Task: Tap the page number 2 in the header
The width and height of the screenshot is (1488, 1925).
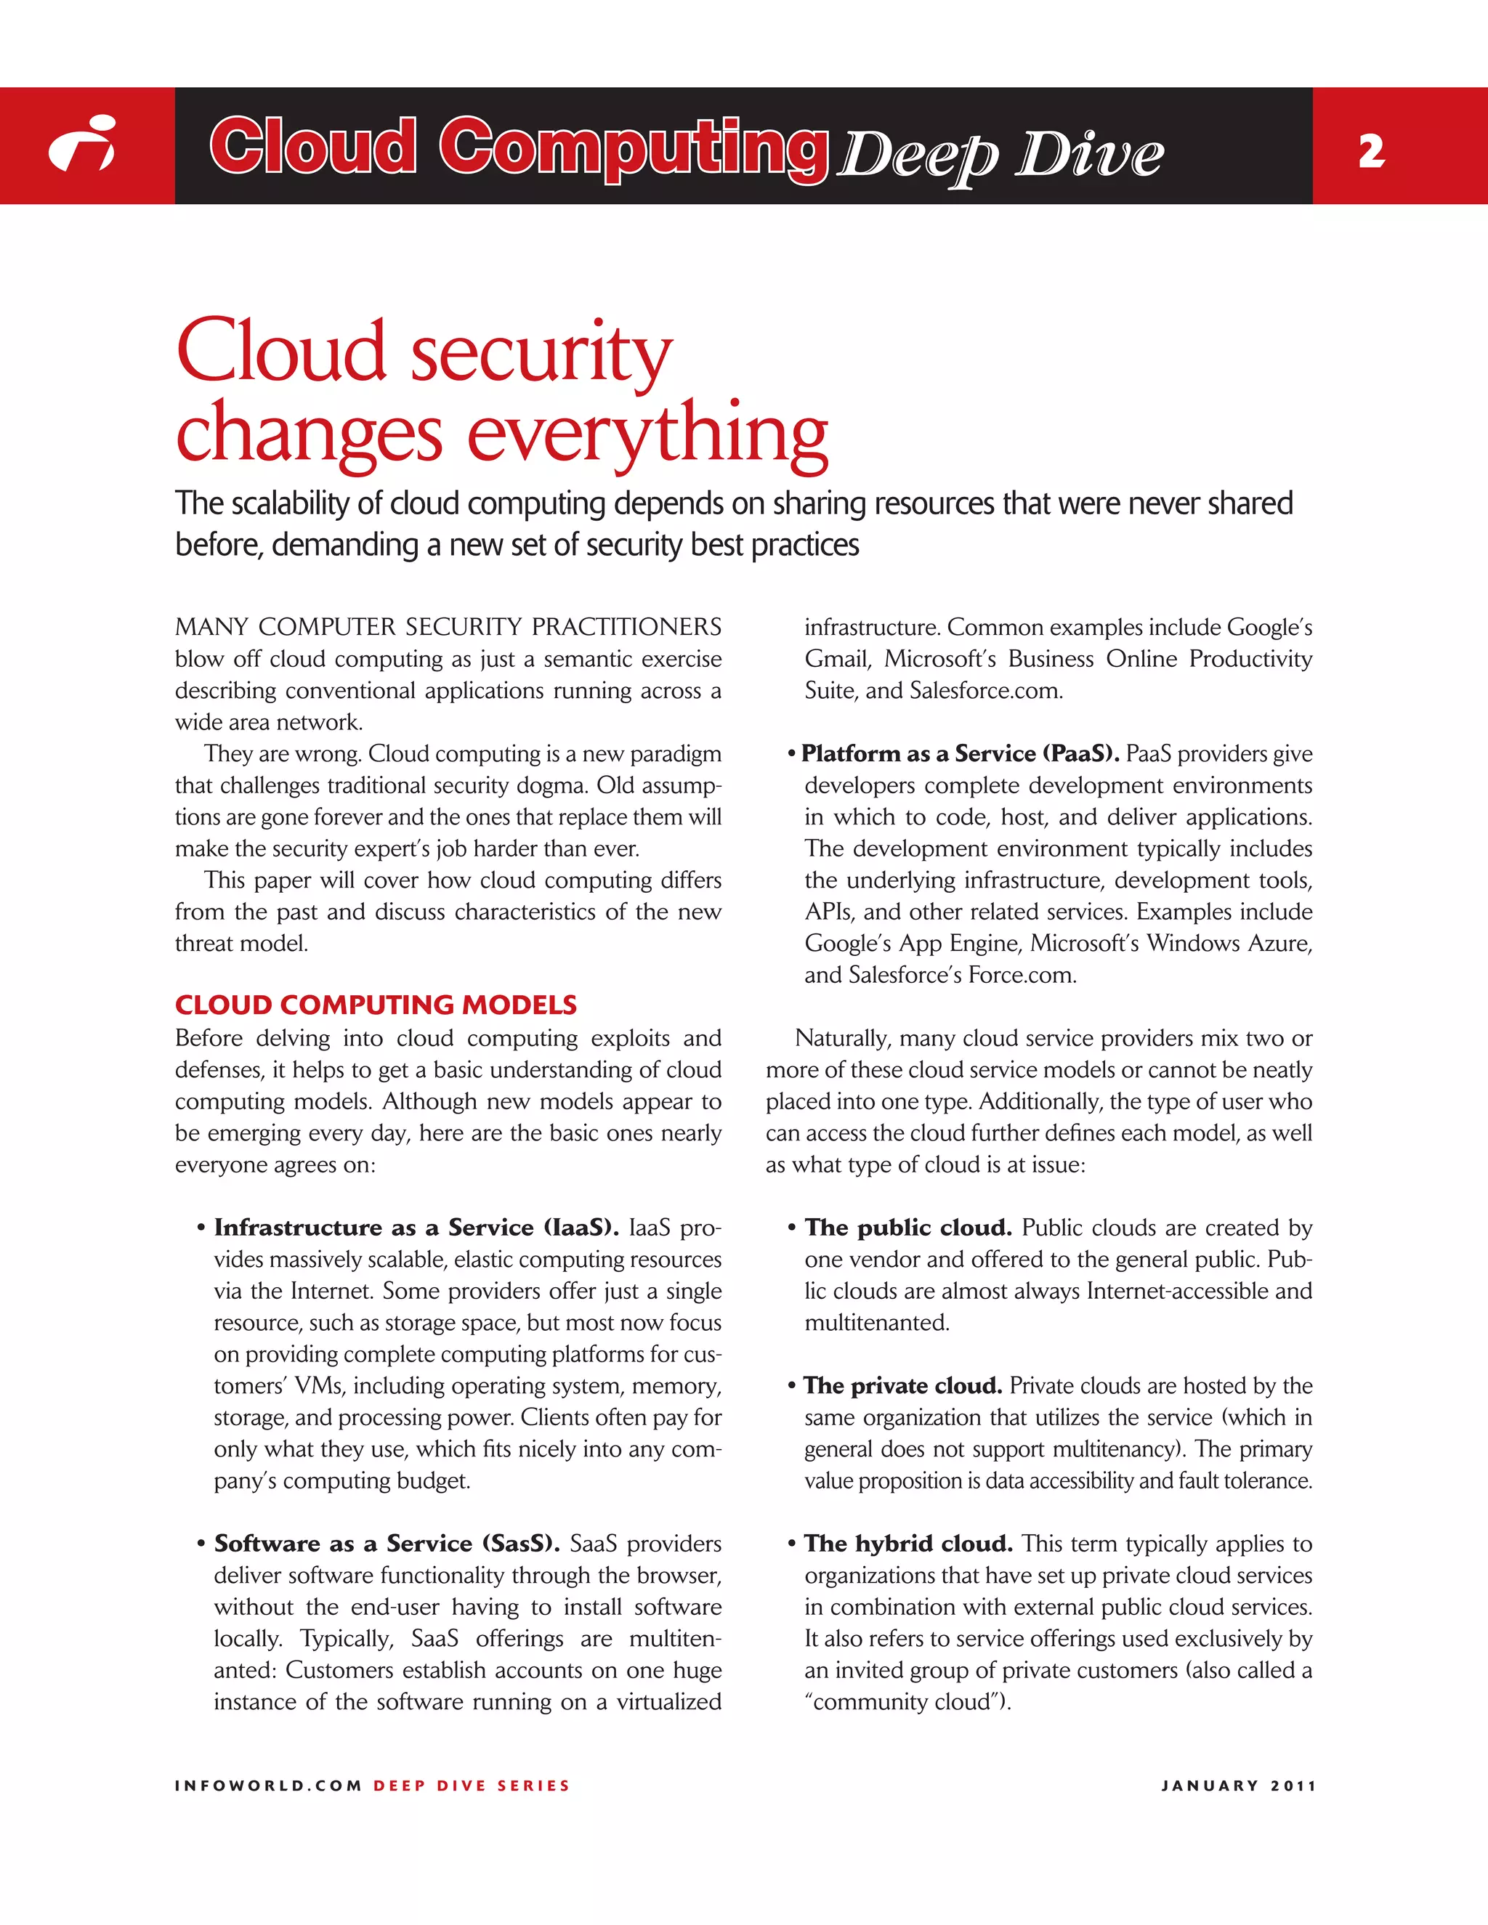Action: (x=1372, y=152)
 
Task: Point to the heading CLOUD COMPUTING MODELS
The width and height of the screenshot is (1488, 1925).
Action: (x=376, y=1005)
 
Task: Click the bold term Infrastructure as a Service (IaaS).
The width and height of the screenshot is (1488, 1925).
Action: (x=416, y=1228)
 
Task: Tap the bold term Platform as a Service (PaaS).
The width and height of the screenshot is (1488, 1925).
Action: (x=960, y=753)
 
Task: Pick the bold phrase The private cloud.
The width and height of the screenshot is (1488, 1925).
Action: (x=902, y=1385)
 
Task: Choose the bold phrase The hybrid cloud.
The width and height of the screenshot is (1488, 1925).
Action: (x=908, y=1544)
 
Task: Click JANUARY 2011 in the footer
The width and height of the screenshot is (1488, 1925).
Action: (x=1239, y=1786)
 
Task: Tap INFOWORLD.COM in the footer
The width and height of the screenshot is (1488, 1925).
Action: (x=268, y=1786)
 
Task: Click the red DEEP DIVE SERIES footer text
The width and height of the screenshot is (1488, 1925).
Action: (x=472, y=1786)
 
